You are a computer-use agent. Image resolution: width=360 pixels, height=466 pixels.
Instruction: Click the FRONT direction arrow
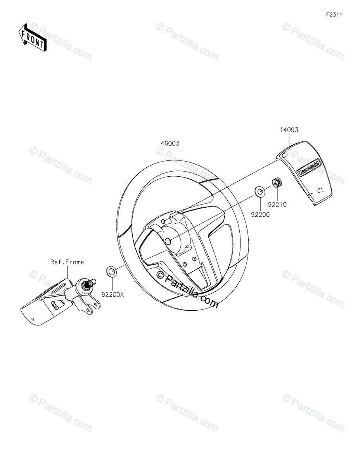pos(32,37)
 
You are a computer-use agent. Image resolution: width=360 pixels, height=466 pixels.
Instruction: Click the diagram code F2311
pos(334,15)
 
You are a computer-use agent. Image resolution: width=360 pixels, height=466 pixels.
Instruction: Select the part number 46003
pos(170,143)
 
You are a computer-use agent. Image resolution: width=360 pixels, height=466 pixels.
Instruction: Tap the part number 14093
pos(289,130)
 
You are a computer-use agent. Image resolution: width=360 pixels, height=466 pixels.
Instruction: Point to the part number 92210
pos(277,205)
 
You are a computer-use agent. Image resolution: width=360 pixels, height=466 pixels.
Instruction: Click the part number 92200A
pos(112,295)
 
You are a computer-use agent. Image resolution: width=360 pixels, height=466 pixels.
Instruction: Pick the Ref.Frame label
pos(67,262)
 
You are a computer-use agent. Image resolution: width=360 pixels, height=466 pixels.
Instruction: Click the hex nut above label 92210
pos(277,183)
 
